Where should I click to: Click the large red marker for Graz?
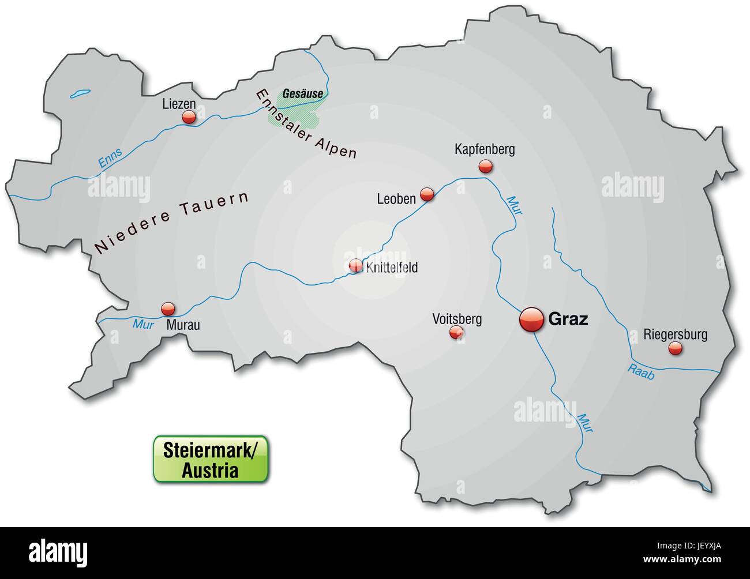pos(531,319)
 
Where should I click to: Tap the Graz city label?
pos(568,319)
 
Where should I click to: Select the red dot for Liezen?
pos(189,118)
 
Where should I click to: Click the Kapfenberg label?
pos(484,150)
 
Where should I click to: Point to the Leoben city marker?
pos(427,194)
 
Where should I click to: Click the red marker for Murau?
pos(168,308)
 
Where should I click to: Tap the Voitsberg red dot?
pos(456,332)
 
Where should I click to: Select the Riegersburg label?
pos(675,334)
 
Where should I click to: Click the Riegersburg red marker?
pos(674,348)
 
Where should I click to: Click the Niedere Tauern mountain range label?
pos(171,223)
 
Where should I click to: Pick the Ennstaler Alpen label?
pos(306,124)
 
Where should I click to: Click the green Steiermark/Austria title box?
pos(210,459)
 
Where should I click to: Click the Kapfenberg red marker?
pos(486,167)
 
